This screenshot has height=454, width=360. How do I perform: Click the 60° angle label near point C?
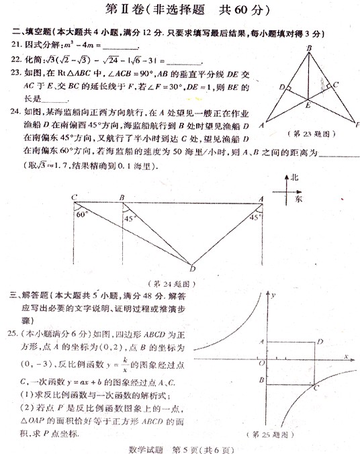(x=83, y=215)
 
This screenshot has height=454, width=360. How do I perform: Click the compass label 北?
(x=294, y=177)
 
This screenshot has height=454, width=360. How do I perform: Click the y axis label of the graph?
(x=275, y=295)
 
